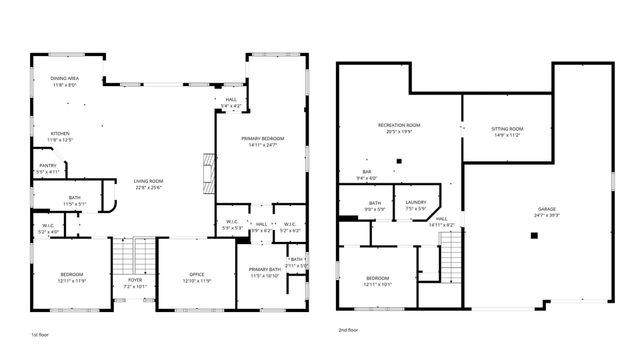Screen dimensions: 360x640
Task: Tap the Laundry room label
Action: [416, 205]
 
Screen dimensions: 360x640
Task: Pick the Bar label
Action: [367, 175]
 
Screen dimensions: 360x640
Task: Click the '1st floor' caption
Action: [41, 331]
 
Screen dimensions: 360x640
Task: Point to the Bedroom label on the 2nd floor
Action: [377, 280]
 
